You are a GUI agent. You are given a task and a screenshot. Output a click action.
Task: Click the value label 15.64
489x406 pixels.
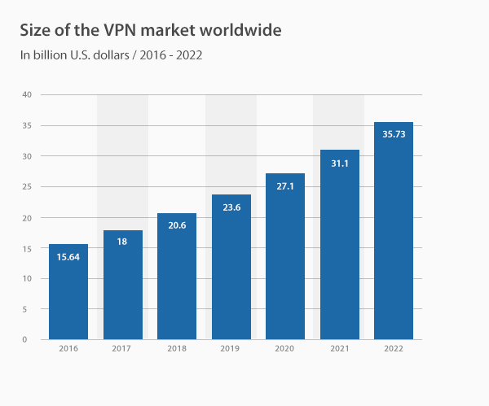(68, 257)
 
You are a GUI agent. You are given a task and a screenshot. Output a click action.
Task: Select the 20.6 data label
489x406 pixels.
(177, 227)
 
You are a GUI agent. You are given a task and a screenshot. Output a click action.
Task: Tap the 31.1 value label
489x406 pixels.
(340, 164)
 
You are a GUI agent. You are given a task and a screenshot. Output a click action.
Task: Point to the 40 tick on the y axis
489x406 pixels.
(27, 94)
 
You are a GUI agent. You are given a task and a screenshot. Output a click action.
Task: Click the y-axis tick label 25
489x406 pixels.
(27, 187)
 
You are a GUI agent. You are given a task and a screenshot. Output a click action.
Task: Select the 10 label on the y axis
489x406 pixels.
(27, 278)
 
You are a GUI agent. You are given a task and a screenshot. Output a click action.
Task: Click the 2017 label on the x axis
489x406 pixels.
(123, 349)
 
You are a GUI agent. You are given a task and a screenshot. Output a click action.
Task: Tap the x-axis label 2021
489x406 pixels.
(340, 349)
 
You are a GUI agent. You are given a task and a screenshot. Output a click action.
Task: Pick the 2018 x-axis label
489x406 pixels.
(177, 349)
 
